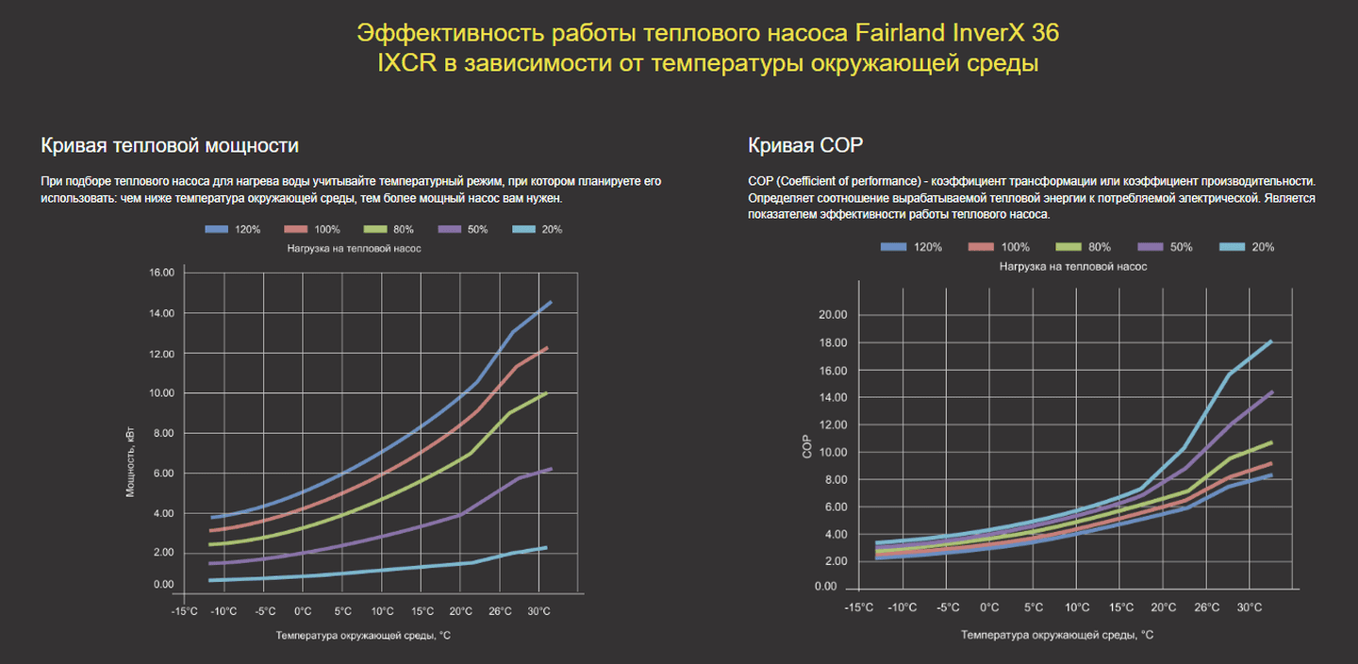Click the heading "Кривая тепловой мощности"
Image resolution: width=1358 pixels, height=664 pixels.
170,145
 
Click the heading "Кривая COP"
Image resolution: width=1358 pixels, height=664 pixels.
805,145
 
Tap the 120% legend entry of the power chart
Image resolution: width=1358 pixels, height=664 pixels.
234,229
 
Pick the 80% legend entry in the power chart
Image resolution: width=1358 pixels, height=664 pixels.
389,229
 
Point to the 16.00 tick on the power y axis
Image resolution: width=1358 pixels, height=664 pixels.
162,273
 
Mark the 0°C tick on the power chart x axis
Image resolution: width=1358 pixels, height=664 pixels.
303,611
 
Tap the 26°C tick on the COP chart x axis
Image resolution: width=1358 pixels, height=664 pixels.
1207,607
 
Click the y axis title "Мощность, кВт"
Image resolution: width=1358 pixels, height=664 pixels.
131,462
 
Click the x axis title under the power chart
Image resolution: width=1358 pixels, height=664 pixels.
363,636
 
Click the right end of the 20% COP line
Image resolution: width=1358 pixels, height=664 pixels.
1271,341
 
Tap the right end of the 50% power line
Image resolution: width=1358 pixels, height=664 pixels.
551,469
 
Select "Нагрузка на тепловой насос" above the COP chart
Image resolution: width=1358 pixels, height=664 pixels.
1073,267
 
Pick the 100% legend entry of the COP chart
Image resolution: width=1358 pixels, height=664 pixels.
999,247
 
